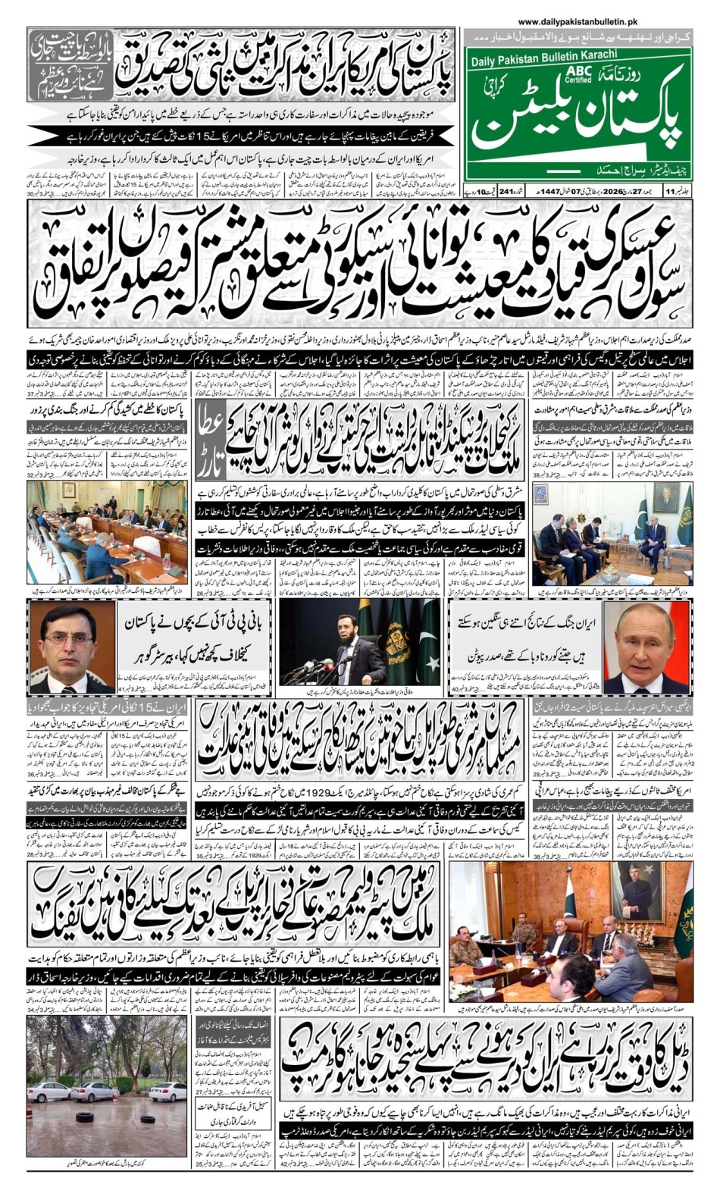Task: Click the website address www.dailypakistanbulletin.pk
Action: tap(578, 23)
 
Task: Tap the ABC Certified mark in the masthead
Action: tap(578, 74)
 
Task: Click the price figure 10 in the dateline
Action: tap(482, 190)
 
